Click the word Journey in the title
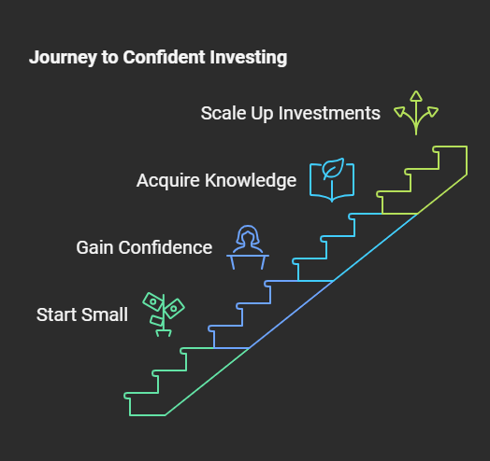tap(63, 58)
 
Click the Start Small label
tap(82, 314)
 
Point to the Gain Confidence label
tap(144, 247)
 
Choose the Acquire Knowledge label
tap(216, 181)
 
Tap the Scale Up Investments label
tap(290, 113)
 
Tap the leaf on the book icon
tap(333, 168)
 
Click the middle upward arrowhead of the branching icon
tap(416, 96)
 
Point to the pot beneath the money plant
tap(164, 333)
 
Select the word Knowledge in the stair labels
tap(251, 181)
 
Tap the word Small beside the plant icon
tap(105, 314)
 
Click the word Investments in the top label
tap(329, 113)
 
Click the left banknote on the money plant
tap(152, 301)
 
